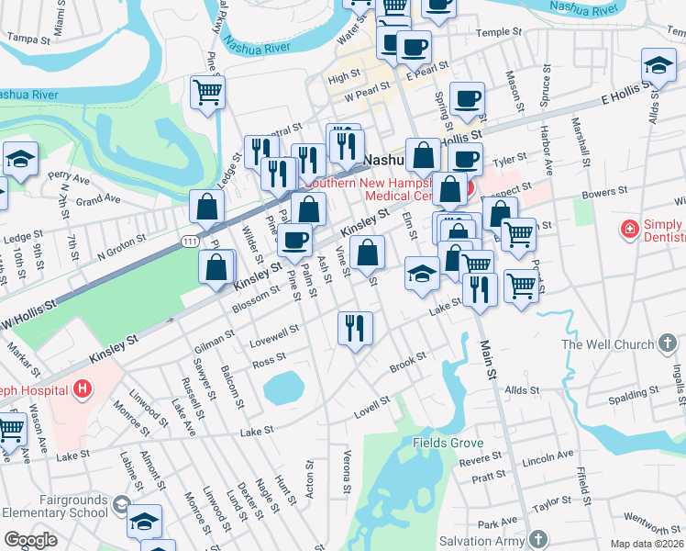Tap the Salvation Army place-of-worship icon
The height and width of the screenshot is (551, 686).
click(x=541, y=539)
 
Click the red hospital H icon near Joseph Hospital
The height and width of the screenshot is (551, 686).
click(x=83, y=388)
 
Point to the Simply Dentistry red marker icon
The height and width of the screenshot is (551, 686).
click(x=630, y=229)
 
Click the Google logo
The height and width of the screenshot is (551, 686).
click(x=31, y=540)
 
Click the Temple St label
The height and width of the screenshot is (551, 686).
click(x=499, y=32)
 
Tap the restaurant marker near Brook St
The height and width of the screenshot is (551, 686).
click(x=355, y=328)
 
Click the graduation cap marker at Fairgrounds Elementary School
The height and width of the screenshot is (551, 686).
click(x=144, y=521)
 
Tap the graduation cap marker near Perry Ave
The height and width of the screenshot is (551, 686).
click(x=20, y=159)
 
